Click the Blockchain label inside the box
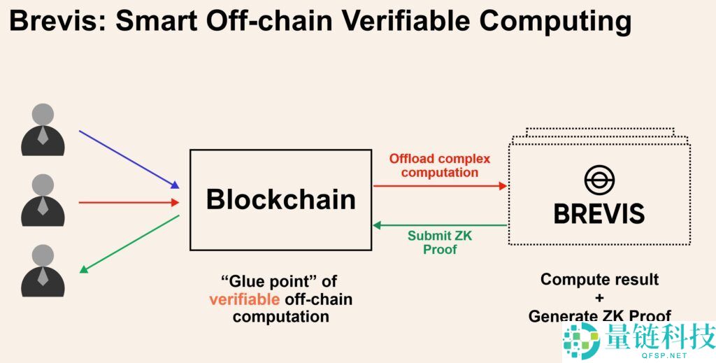281,199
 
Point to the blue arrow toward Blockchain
129,159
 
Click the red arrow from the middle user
129,202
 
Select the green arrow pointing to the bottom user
129,244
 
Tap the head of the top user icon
43,114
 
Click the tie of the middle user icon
43,206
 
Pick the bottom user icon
43,270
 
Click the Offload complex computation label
440,166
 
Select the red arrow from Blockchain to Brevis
441,186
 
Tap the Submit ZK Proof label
440,243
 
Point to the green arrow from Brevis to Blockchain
441,225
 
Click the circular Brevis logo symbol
599,180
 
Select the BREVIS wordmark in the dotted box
599,214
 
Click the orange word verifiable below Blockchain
245,299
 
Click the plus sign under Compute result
599,298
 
